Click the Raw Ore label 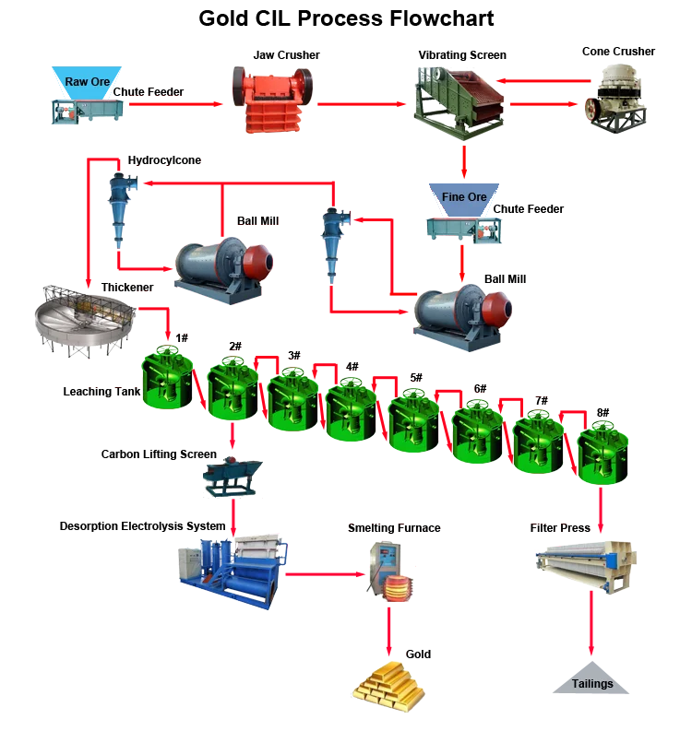pyautogui.click(x=88, y=81)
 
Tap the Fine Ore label pyautogui.click(x=464, y=196)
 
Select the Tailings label pyautogui.click(x=591, y=684)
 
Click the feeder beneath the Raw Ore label pyautogui.click(x=87, y=110)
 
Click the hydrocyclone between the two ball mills pyautogui.click(x=332, y=242)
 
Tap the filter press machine pyautogui.click(x=588, y=563)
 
